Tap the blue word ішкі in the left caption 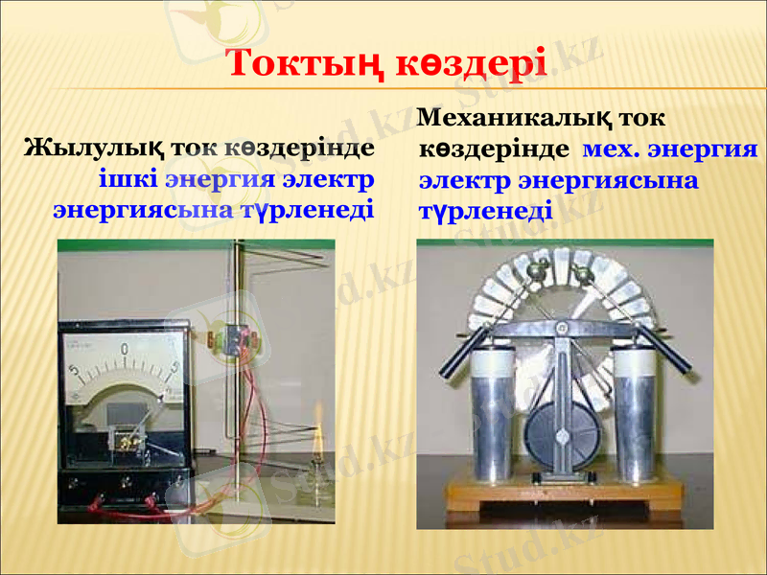click(127, 179)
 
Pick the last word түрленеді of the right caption click(485, 209)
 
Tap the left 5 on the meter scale click(74, 371)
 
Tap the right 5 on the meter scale click(174, 367)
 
